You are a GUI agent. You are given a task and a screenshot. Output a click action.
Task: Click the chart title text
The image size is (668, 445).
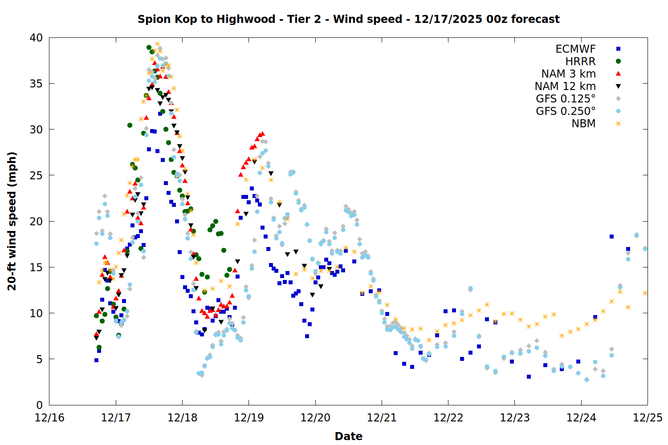[348, 19]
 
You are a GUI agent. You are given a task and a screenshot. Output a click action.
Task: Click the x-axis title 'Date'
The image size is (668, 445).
[348, 436]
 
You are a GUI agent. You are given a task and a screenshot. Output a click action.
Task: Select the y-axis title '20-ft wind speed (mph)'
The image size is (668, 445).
[12, 221]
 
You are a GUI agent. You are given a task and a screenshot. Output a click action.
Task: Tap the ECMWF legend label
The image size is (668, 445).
[575, 49]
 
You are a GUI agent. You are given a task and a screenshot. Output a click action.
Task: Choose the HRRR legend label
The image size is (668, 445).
[580, 61]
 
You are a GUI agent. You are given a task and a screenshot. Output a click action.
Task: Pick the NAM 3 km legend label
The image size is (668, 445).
[568, 74]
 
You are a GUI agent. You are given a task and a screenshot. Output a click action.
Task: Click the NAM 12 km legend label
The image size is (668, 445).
[565, 86]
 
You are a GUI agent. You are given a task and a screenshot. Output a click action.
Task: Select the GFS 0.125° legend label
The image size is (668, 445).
[566, 99]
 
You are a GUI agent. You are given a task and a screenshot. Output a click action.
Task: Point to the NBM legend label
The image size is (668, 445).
[583, 124]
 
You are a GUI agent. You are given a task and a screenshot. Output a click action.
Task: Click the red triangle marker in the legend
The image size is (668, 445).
[618, 73]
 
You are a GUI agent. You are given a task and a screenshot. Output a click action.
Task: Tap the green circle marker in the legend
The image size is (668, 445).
[618, 61]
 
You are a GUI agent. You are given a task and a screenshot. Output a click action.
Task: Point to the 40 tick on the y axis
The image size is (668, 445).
[36, 38]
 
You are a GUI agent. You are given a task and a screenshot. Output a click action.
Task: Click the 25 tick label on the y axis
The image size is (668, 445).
[36, 175]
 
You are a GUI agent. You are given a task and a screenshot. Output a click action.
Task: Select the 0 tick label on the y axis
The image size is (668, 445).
[39, 405]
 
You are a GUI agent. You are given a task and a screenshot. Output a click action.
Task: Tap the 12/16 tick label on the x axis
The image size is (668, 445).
[49, 418]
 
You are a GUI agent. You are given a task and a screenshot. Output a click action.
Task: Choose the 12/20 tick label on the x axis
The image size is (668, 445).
[315, 418]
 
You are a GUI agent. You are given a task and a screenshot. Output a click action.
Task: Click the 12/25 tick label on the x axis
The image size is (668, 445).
[648, 418]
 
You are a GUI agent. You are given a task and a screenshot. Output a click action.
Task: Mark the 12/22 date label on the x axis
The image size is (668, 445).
[448, 418]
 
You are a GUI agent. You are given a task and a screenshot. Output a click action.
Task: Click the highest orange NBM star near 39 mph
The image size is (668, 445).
[157, 44]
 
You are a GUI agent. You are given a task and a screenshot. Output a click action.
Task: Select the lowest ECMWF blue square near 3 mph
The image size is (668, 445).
[529, 376]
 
